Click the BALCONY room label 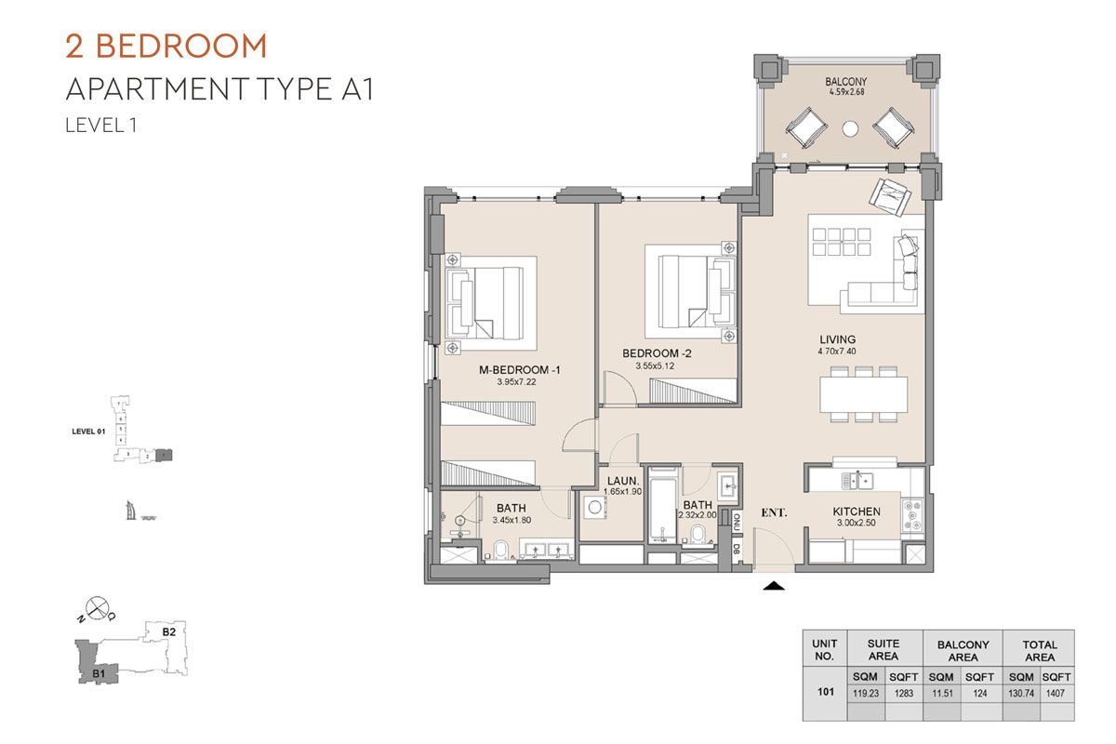point(845,82)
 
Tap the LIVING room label point(837,339)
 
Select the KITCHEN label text point(857,511)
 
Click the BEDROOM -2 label point(657,353)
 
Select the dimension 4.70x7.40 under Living point(837,352)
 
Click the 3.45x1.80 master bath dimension point(511,520)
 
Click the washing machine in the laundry point(594,509)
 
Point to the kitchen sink point(857,480)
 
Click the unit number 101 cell point(825,692)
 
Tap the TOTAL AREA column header point(1039,650)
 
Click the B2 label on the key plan point(169,631)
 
